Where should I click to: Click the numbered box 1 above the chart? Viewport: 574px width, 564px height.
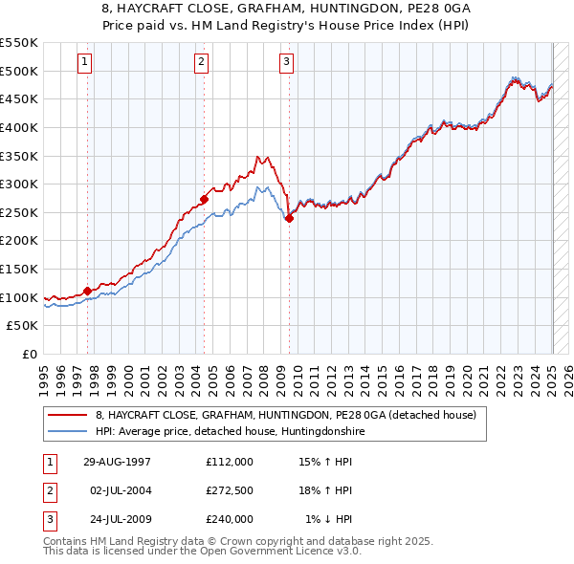84,63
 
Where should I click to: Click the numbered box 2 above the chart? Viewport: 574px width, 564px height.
202,63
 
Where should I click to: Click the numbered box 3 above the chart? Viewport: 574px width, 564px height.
286,63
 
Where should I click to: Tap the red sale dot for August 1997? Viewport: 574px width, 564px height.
88,290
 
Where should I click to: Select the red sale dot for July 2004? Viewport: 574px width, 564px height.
204,199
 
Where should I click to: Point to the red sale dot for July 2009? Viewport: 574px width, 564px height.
290,217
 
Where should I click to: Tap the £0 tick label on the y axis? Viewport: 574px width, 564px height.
30,354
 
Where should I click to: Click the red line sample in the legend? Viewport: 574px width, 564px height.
67,416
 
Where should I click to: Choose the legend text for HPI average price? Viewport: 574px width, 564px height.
230,431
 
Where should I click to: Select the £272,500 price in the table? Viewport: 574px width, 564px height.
230,490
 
